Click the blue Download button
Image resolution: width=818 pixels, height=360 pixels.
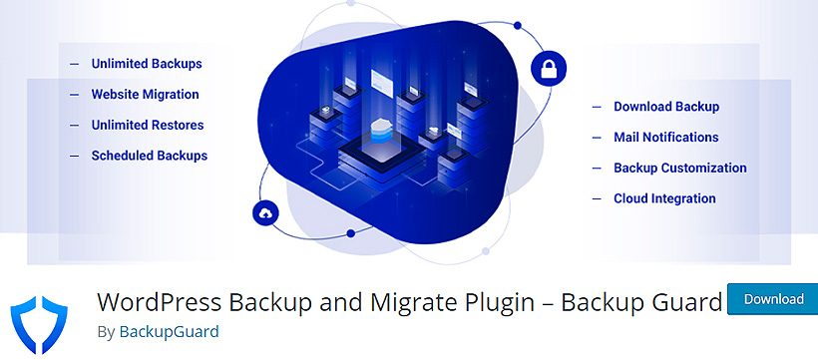[773, 299]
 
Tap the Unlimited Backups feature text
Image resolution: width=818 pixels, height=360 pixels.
[147, 64]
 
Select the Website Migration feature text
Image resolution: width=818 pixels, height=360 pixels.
[145, 95]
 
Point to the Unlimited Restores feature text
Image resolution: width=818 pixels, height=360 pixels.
[148, 126]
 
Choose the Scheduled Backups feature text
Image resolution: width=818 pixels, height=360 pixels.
[150, 156]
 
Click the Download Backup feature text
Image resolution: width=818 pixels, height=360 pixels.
[666, 107]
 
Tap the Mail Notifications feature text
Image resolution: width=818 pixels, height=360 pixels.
[666, 138]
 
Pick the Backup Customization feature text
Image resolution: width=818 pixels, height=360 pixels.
[680, 169]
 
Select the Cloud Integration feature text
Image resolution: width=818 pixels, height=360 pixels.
[664, 198]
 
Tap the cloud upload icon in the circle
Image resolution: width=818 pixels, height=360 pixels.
[265, 212]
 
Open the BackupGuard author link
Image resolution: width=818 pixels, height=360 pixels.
[169, 331]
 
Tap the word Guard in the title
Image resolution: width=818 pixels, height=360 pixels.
[688, 301]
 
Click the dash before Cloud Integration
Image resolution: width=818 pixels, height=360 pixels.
[597, 198]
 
